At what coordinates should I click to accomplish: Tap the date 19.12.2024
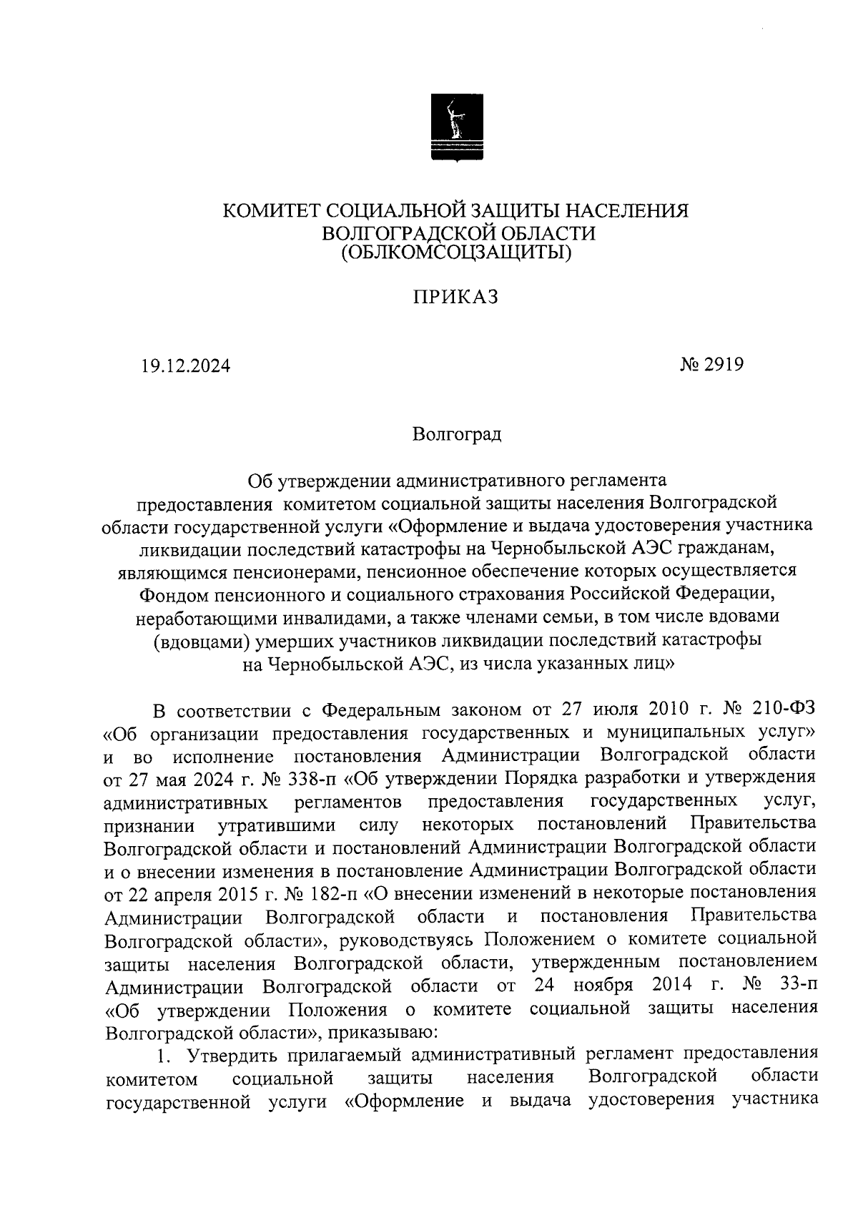click(185, 365)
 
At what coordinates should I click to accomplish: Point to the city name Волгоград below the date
click(457, 434)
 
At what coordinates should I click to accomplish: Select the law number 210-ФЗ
click(784, 708)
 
